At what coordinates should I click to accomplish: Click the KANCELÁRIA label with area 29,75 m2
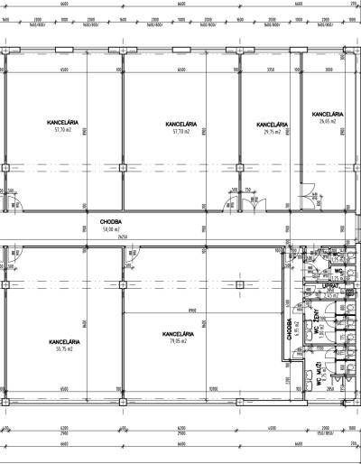click(272, 125)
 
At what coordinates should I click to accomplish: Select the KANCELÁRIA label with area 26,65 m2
click(328, 115)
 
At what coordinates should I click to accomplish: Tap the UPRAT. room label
click(330, 286)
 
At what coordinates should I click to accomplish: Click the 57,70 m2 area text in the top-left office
click(61, 130)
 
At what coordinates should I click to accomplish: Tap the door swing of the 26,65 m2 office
click(308, 190)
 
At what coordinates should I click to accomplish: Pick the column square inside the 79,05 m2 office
click(239, 283)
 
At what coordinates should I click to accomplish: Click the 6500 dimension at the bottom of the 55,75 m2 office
click(60, 390)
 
